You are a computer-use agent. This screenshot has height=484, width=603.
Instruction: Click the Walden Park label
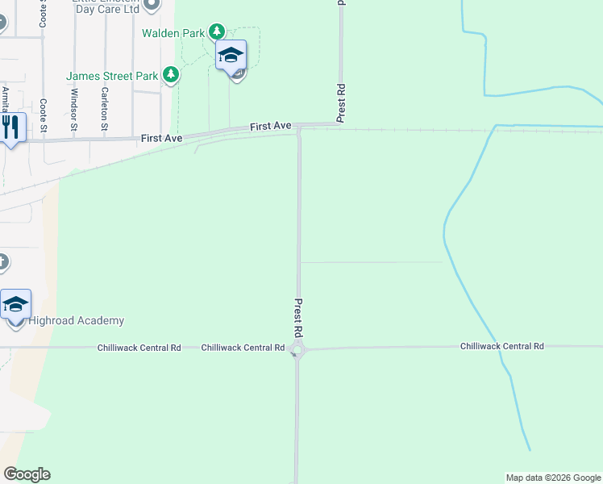pos(172,33)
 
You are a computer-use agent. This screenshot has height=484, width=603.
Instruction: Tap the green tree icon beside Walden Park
pos(216,32)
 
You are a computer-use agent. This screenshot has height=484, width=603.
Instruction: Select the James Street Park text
pos(112,76)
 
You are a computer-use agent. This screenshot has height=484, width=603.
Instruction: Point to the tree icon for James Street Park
pos(170,75)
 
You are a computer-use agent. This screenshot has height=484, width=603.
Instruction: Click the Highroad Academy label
pos(77,321)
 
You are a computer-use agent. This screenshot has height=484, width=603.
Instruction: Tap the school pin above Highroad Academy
pos(15,306)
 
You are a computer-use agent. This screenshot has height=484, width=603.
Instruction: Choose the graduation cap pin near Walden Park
pos(231,56)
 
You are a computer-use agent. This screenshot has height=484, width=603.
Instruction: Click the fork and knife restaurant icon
pos(10,127)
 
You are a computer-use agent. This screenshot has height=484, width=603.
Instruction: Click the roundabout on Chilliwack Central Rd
pos(297,349)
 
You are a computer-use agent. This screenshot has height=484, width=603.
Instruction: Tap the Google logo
pos(27,474)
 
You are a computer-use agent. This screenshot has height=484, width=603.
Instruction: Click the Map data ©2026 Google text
pos(553,478)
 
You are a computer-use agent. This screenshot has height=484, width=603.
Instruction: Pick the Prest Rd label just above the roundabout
pos(297,318)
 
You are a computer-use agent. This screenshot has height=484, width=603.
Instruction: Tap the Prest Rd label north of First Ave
pos(341,102)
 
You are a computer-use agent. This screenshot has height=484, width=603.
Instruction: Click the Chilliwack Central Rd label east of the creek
pos(501,346)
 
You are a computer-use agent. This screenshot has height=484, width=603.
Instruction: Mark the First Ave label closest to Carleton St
pos(161,139)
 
